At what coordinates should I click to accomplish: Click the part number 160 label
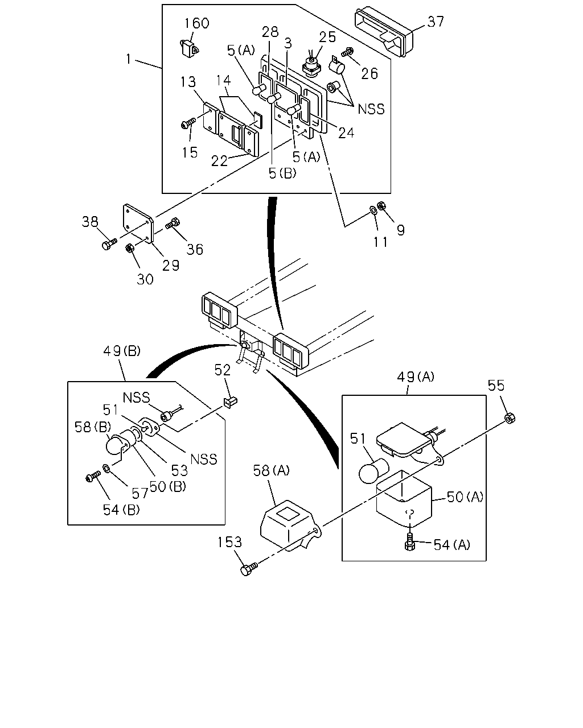(x=196, y=23)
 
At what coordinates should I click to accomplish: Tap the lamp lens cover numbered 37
(x=384, y=31)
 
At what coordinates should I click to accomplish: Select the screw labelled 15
(x=188, y=123)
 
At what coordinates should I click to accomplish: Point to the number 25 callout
(x=327, y=37)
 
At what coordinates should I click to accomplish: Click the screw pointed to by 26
(x=347, y=52)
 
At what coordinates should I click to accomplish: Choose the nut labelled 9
(x=381, y=205)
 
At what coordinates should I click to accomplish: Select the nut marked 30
(x=129, y=248)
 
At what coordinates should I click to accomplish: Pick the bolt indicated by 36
(x=173, y=224)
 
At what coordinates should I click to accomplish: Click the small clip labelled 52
(x=230, y=403)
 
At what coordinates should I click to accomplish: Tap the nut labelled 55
(x=509, y=418)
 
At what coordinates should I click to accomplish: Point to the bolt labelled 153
(x=249, y=569)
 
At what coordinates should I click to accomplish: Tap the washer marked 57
(x=106, y=469)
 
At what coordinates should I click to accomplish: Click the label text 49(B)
(x=122, y=351)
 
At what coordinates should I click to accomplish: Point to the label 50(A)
(x=465, y=497)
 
